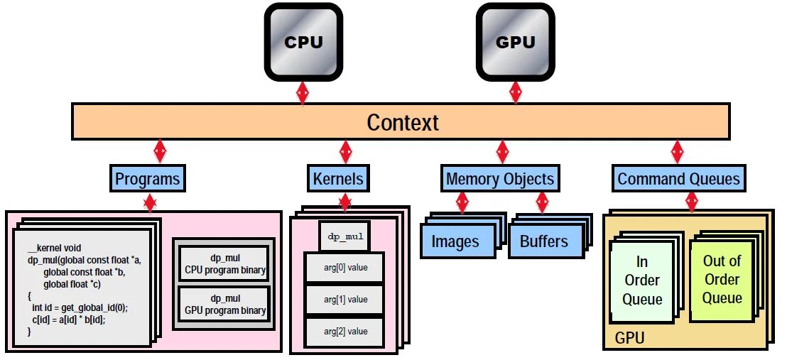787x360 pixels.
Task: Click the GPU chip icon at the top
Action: click(516, 42)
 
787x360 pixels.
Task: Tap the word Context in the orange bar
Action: click(403, 122)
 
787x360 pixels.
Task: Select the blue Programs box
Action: click(148, 179)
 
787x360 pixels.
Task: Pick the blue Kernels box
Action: click(338, 179)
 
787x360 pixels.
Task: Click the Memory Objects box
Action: click(500, 179)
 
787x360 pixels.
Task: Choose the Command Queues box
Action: click(678, 179)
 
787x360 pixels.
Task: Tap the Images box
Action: click(456, 241)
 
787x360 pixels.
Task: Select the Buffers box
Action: click(543, 241)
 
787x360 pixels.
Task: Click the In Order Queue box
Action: click(642, 281)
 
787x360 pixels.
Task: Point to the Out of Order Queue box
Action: click(722, 281)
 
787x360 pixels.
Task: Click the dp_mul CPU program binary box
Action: click(224, 264)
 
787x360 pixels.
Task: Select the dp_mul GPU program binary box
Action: click(224, 305)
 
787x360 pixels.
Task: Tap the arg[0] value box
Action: click(345, 268)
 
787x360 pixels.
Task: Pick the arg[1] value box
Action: click(345, 300)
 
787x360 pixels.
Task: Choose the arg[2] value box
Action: click(345, 332)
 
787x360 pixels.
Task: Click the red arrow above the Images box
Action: click(462, 202)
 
